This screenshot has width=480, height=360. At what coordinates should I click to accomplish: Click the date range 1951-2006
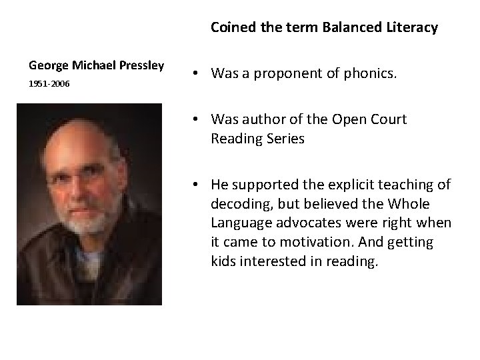pyautogui.click(x=49, y=85)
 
